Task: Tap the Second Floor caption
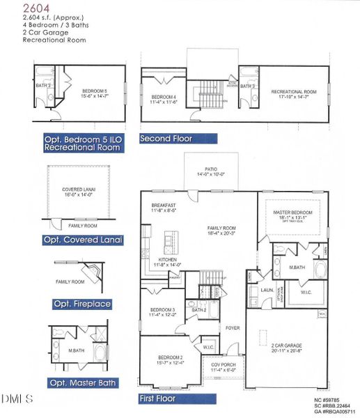click(x=166, y=139)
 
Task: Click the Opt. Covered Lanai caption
click(x=82, y=240)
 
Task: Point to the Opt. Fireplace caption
click(x=82, y=304)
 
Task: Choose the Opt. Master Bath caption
click(x=82, y=382)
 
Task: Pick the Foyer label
click(x=232, y=326)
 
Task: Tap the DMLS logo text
click(x=17, y=398)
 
